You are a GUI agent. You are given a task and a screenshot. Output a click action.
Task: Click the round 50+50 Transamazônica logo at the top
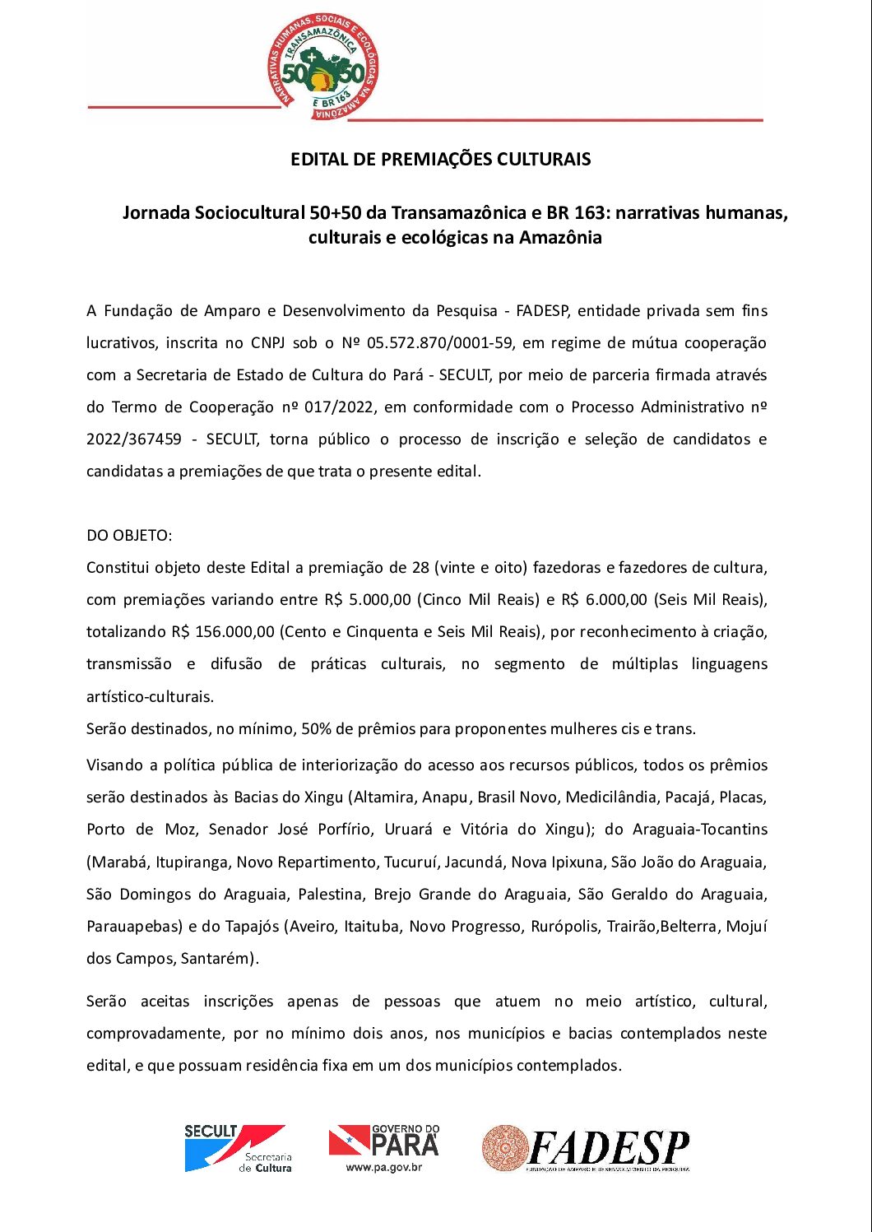pyautogui.click(x=323, y=67)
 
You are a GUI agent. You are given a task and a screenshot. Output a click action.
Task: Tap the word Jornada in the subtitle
pyautogui.click(x=155, y=213)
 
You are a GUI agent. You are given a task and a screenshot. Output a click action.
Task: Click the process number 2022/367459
pyautogui.click(x=134, y=439)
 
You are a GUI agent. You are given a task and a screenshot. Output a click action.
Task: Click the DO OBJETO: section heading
pyautogui.click(x=129, y=536)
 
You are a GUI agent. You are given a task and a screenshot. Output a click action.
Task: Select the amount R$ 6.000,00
pyautogui.click(x=605, y=600)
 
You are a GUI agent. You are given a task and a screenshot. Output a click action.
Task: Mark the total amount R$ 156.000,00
pyautogui.click(x=223, y=632)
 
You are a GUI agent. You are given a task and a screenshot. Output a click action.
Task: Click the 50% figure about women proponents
pyautogui.click(x=316, y=729)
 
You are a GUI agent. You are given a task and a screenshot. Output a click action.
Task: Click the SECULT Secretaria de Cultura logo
pyautogui.click(x=237, y=1148)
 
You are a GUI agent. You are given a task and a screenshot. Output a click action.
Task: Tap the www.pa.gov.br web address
pyautogui.click(x=383, y=1167)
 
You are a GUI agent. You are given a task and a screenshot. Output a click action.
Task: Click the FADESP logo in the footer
pyautogui.click(x=586, y=1148)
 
